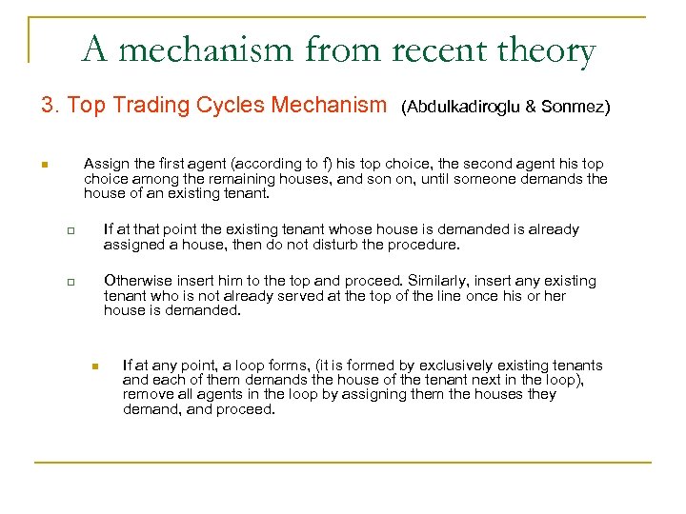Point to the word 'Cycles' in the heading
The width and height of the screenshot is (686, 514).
[232, 106]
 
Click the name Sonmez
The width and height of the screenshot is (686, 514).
[575, 108]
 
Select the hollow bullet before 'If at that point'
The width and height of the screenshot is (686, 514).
[69, 230]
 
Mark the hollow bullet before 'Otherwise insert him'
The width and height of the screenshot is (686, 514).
[69, 282]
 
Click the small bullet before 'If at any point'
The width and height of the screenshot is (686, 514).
[95, 366]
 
